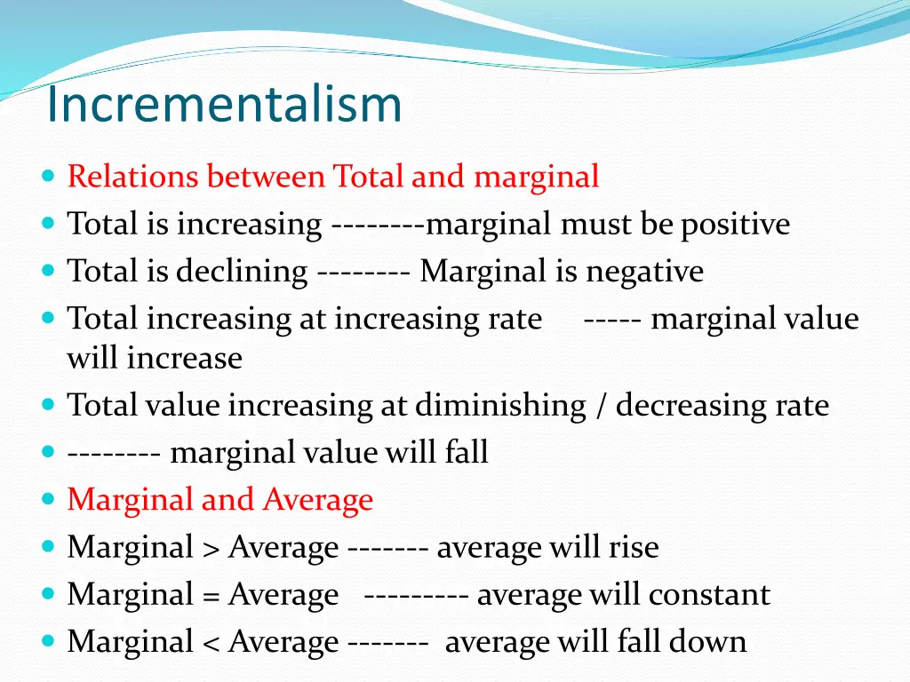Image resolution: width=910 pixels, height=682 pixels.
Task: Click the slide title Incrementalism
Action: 224,104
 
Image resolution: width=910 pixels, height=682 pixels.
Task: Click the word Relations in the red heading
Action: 133,177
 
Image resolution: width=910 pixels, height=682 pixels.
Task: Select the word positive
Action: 735,225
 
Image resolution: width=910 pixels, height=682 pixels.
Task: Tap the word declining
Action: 241,272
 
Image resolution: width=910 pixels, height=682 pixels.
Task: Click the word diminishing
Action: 500,406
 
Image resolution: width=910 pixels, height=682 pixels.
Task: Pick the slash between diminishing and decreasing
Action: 601,406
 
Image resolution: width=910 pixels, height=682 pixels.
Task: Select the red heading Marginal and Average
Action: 220,500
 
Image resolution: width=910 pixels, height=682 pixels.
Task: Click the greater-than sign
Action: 210,548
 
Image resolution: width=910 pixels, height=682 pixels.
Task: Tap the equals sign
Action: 210,595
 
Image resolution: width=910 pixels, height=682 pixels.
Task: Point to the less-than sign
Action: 210,642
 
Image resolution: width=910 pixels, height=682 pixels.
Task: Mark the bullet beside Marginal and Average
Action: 48,500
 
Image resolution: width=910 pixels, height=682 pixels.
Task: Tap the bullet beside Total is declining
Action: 48,272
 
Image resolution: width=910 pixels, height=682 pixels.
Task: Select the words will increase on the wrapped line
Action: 155,359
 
